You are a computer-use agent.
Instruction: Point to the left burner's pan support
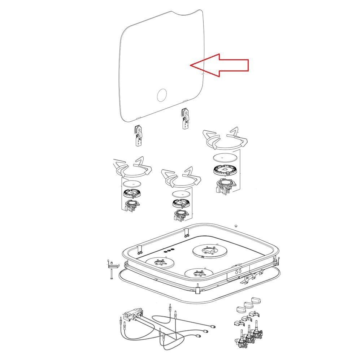(x=132, y=168)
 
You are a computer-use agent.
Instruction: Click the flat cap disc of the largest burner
(x=226, y=157)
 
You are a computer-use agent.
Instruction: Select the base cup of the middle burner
(x=180, y=216)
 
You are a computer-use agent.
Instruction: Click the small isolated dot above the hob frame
(x=236, y=226)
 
